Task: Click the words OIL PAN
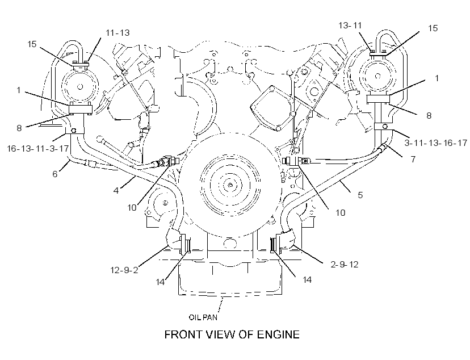pos(203,317)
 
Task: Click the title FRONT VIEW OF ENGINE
pos(232,334)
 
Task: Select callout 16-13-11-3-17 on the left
pos(38,148)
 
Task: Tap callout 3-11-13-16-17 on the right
pos(436,143)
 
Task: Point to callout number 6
pos(55,174)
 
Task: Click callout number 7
pos(413,159)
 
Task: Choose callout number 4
pos(116,190)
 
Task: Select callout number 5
pos(360,195)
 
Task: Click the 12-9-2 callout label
pos(124,270)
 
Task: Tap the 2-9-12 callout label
pos(345,265)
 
